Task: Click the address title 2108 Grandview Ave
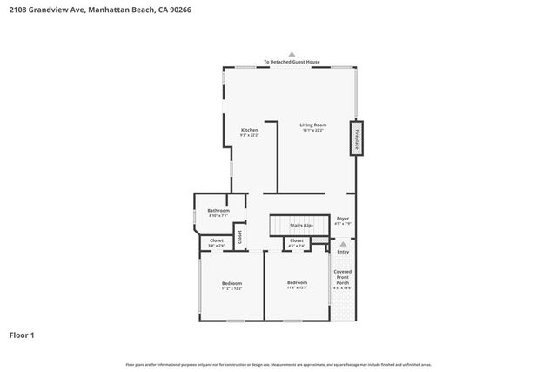point(91,10)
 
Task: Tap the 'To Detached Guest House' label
point(292,62)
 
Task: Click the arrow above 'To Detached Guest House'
point(292,54)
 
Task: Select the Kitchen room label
point(250,130)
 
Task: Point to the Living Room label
point(312,125)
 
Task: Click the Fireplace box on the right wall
point(355,139)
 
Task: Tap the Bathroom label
point(218,211)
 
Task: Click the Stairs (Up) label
point(301,226)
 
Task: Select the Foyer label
point(343,219)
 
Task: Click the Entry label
point(343,252)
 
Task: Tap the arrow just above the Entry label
point(343,245)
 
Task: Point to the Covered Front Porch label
point(343,277)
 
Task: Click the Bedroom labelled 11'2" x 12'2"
point(232,283)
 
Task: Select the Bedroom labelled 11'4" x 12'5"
point(298,282)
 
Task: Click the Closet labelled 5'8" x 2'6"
point(216,240)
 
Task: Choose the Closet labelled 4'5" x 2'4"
point(297,240)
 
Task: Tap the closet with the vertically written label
point(240,236)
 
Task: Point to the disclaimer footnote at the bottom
point(278,364)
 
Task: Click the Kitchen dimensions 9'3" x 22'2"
point(250,136)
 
